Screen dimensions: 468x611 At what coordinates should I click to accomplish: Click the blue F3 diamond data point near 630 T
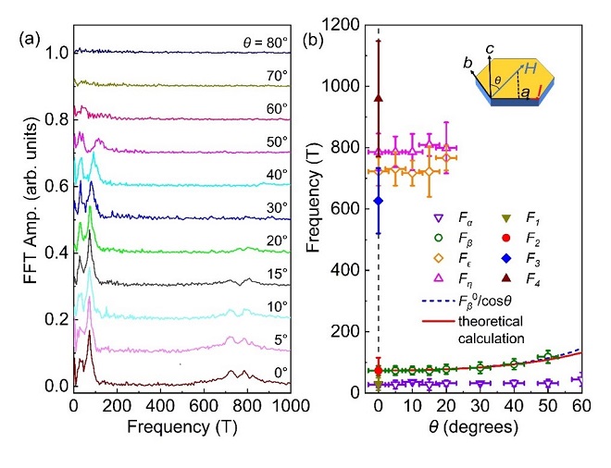(x=378, y=200)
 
